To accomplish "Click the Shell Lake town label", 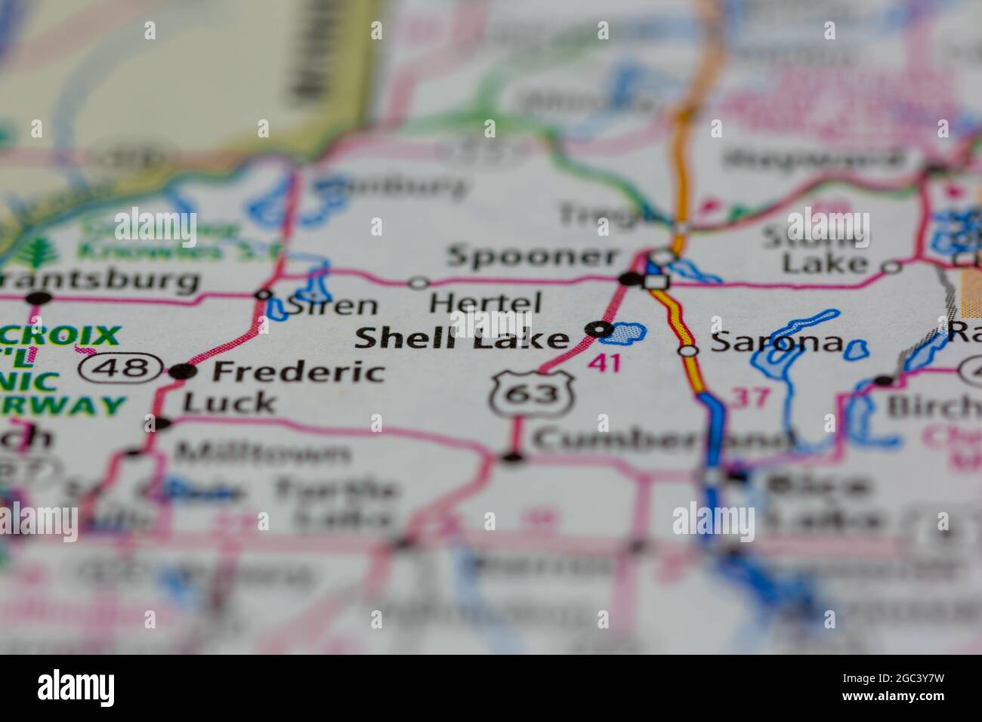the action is click(x=462, y=338).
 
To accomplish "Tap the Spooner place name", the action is click(x=533, y=256).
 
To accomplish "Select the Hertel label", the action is click(x=485, y=303).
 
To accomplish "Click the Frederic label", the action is click(x=298, y=372).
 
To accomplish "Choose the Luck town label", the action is click(x=230, y=403).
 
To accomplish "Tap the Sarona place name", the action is click(x=777, y=344).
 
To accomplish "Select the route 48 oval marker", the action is click(x=122, y=369).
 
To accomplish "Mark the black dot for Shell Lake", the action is click(x=599, y=329).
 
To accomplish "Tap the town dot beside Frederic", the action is click(x=181, y=372).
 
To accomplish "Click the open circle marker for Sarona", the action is click(x=687, y=350).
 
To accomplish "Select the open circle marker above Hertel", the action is click(x=418, y=282).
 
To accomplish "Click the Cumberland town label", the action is click(x=662, y=440).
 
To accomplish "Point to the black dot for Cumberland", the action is click(x=513, y=457).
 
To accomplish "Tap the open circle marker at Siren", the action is click(x=264, y=294).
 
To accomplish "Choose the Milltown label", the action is click(x=262, y=453).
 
